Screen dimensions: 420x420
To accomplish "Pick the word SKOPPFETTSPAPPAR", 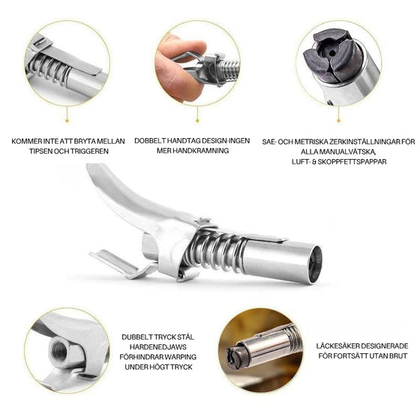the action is coord(352,162).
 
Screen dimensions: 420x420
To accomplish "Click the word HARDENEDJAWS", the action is coord(158,347).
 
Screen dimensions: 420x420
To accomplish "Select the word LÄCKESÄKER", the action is coord(338,346).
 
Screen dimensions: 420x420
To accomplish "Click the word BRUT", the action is coord(397,356).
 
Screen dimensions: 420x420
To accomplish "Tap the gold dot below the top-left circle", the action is coord(67,121).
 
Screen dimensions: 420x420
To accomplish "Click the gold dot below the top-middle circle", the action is coord(197,121).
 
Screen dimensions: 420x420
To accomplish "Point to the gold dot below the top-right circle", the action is coord(338,121).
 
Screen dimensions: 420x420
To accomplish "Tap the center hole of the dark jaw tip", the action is coord(331,53).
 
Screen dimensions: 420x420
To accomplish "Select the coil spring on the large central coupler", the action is coord(214,251).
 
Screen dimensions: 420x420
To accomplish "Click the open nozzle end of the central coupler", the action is coord(315,264).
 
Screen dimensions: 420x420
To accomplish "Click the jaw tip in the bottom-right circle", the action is coord(233,357).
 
